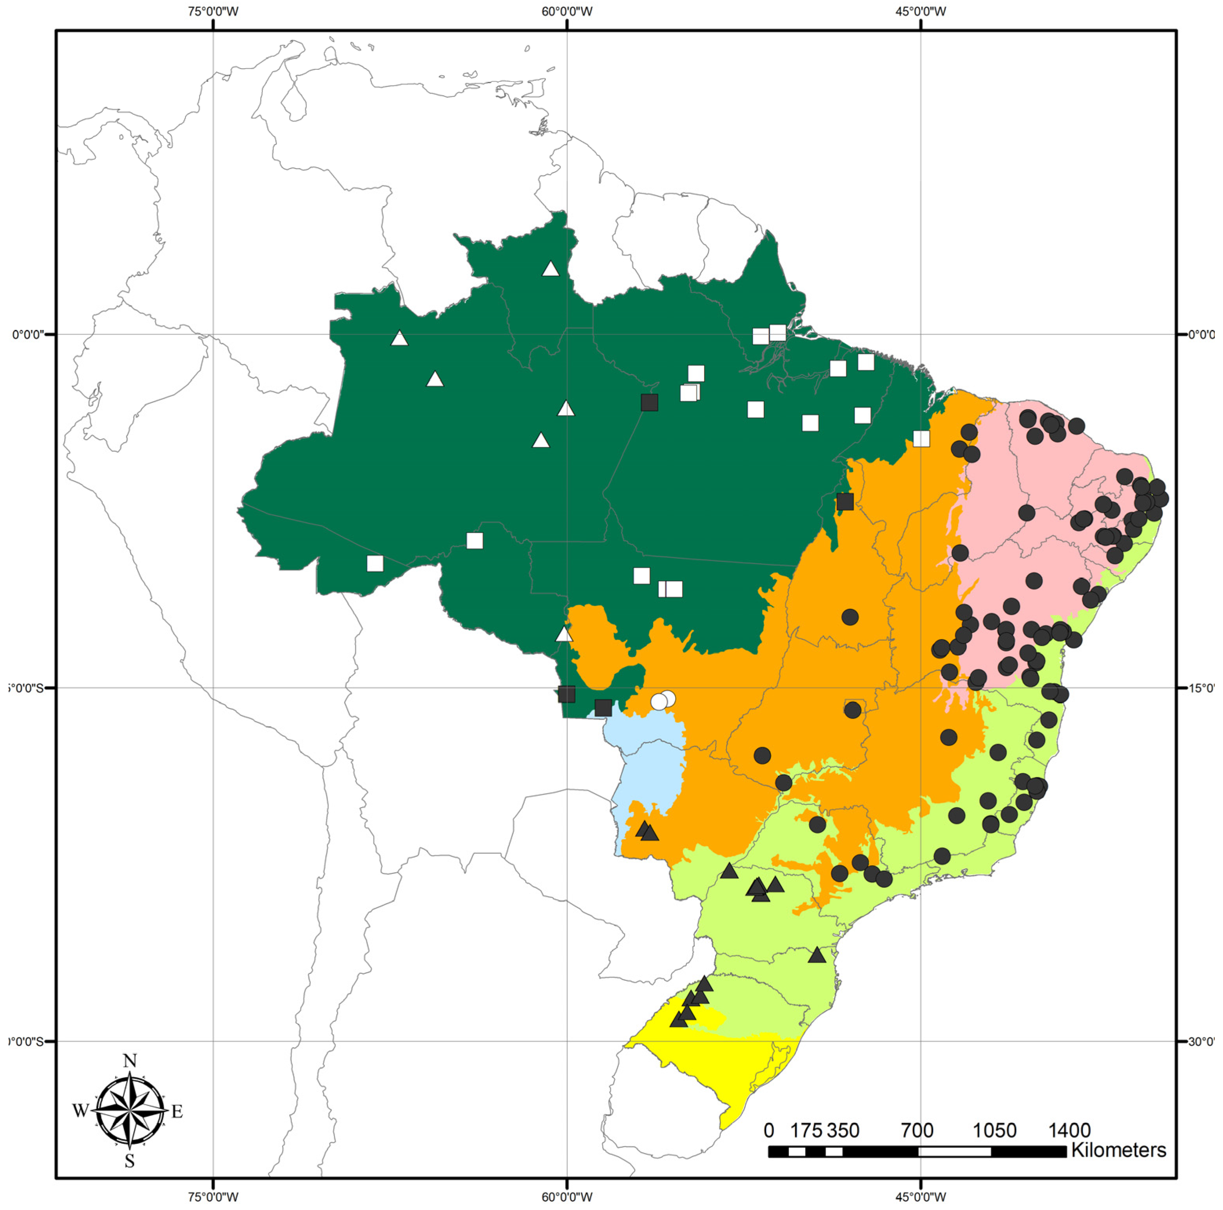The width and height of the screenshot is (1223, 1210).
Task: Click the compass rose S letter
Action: tap(130, 1161)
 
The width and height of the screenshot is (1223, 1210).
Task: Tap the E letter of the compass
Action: tap(177, 1111)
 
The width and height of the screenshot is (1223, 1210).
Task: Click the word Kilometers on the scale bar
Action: tap(1118, 1150)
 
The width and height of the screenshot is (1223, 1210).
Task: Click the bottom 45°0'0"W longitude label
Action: tap(920, 1197)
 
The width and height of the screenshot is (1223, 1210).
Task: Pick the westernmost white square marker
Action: tap(375, 563)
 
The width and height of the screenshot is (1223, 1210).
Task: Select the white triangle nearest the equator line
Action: tap(399, 339)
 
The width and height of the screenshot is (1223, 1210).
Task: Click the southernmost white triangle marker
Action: tap(564, 635)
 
